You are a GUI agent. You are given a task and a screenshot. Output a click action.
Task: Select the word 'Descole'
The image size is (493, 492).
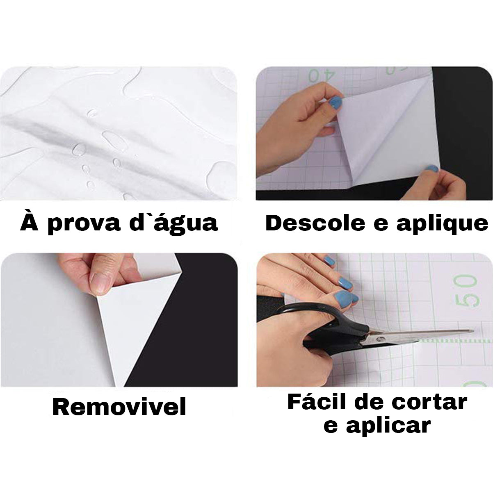tap(315, 223)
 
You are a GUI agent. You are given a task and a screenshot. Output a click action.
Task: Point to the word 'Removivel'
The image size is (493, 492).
tap(119, 407)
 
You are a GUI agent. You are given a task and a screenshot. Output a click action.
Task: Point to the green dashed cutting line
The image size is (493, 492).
tap(455, 341)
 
